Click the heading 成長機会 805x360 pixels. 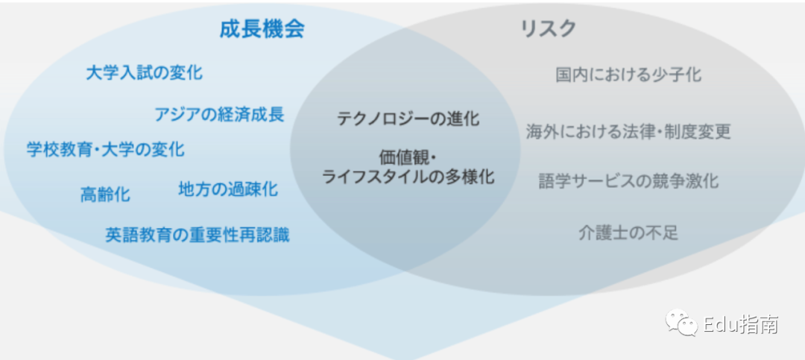click(262, 29)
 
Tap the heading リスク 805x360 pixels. click(549, 29)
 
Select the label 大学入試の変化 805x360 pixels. click(145, 72)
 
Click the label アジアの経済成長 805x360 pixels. click(219, 114)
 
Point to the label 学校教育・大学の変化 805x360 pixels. click(105, 150)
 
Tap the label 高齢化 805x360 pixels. click(105, 195)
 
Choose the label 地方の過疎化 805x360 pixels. click(228, 189)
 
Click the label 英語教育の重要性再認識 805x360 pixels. click(197, 235)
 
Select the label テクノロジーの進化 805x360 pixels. click(408, 119)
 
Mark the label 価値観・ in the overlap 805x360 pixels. click(408, 156)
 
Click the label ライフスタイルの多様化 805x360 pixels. click(408, 177)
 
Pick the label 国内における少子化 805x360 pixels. click(628, 75)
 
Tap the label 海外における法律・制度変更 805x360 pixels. click(628, 131)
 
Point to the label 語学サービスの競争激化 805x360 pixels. click(628, 181)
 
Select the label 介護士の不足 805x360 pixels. click(628, 233)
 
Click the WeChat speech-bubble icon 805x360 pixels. click(681, 322)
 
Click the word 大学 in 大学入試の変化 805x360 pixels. click(103, 72)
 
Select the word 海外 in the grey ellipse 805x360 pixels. click(543, 131)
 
